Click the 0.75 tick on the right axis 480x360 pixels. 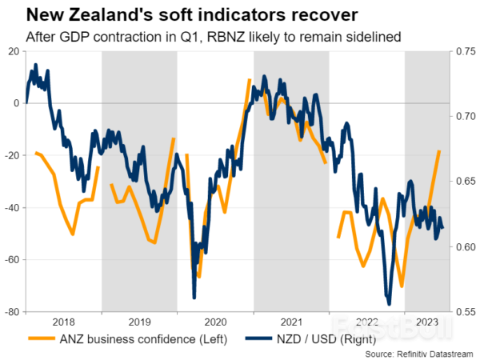463,51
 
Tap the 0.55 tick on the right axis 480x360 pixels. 463,312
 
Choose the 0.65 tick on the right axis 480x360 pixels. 463,182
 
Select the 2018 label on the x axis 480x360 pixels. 64,321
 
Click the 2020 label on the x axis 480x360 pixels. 215,321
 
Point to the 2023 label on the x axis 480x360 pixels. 426,321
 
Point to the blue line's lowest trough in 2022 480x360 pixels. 389,304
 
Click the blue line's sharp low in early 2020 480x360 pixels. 194,298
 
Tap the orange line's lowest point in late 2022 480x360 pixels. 402,286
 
